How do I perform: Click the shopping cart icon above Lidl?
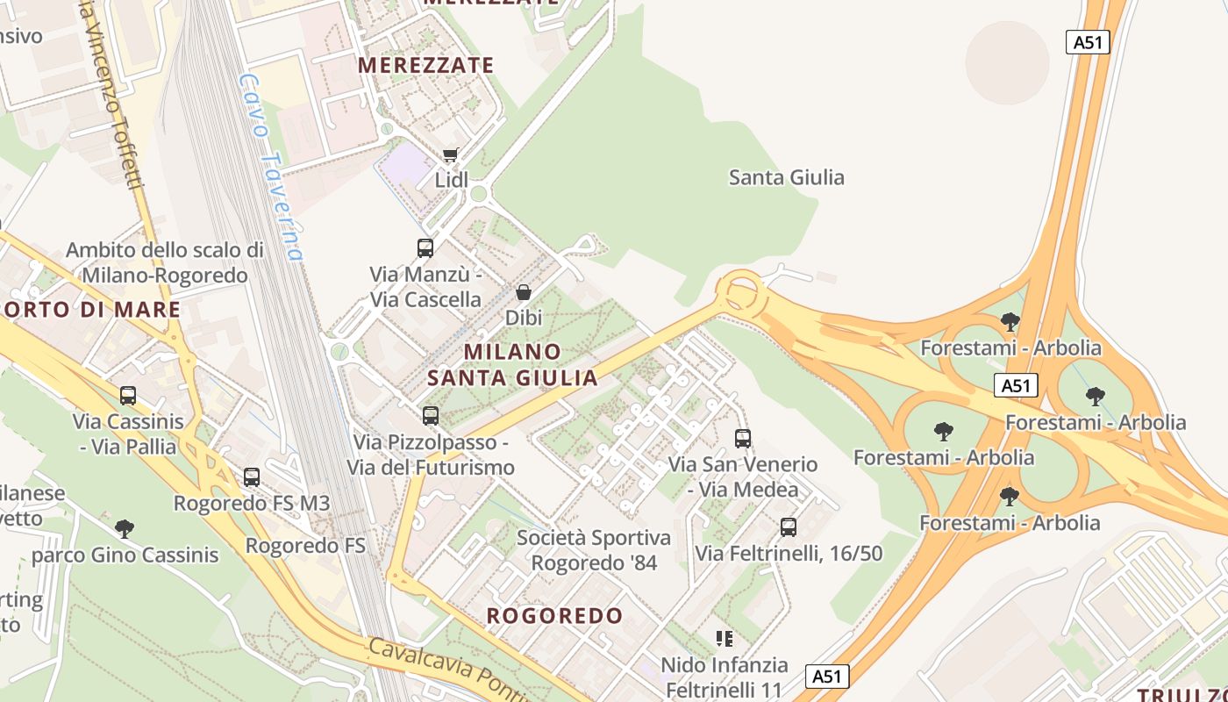[451, 155]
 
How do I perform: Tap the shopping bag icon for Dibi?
[524, 292]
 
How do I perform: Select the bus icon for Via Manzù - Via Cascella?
[425, 248]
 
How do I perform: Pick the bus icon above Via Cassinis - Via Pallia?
[128, 396]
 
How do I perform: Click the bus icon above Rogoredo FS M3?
[252, 477]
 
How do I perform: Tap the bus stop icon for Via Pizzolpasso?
[431, 416]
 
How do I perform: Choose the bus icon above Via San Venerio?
[743, 439]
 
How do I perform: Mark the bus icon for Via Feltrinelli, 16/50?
[789, 527]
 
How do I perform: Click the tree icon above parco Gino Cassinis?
[125, 528]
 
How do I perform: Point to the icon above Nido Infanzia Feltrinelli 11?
[724, 638]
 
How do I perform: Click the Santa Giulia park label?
[787, 177]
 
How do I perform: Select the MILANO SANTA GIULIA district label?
[513, 364]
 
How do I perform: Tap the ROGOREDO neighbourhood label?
[554, 615]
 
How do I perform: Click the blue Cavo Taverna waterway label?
[271, 167]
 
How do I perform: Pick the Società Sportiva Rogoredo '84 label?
[594, 550]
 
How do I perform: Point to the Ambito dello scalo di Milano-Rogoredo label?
[165, 262]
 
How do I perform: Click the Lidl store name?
[452, 180]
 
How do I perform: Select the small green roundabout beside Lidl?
[478, 194]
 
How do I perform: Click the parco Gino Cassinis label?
[125, 555]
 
